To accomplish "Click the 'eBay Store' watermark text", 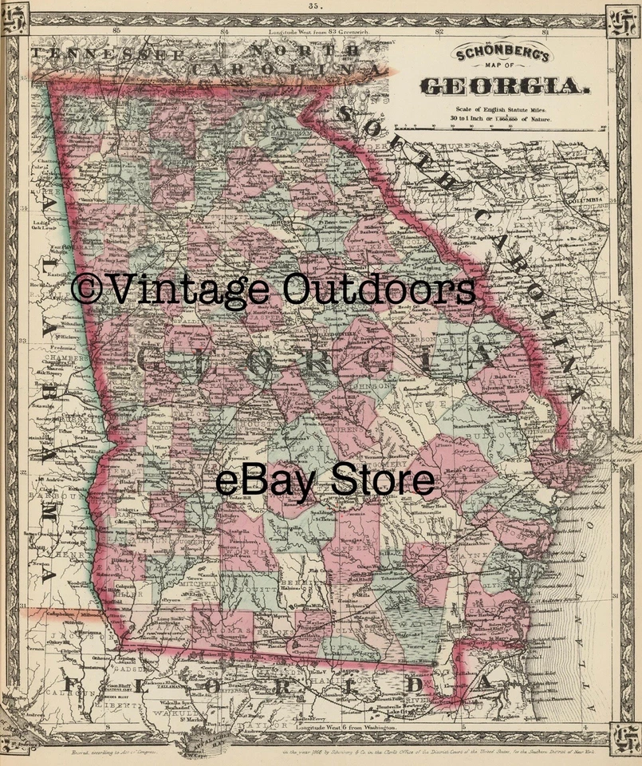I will (x=325, y=481).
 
